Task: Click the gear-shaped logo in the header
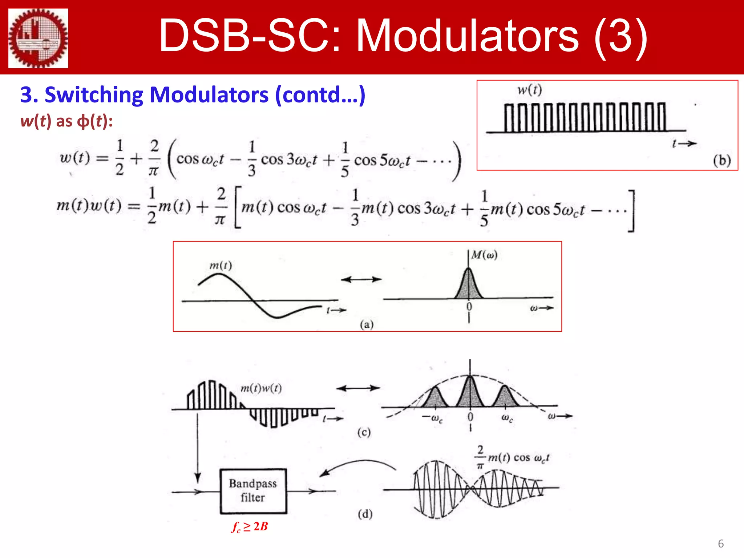[38, 38]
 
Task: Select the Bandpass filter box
[253, 491]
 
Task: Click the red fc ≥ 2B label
[250, 526]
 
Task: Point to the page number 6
[721, 543]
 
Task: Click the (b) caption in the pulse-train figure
[721, 160]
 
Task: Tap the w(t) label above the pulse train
[530, 90]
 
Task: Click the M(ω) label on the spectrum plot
[484, 255]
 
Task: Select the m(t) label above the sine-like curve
[221, 266]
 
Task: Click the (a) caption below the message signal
[367, 324]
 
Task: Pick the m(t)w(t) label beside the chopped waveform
[261, 388]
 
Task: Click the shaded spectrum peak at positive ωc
[505, 398]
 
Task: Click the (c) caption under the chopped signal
[364, 432]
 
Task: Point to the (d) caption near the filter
[365, 514]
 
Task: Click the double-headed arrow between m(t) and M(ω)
[361, 279]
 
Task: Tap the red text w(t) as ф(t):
[66, 121]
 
